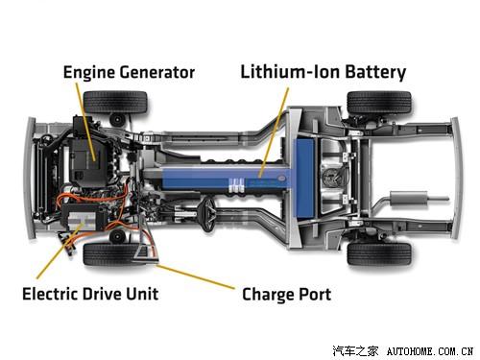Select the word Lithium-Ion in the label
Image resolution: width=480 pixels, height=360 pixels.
[x=279, y=72]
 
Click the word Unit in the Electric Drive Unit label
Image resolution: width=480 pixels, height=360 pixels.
[x=140, y=293]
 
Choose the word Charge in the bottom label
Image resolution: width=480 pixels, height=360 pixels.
[x=271, y=294]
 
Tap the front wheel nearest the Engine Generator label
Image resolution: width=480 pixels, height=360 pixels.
[x=115, y=102]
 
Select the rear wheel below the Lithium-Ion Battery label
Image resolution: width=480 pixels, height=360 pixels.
[x=378, y=102]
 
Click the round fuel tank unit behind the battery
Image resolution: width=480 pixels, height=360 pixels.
[x=334, y=177]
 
